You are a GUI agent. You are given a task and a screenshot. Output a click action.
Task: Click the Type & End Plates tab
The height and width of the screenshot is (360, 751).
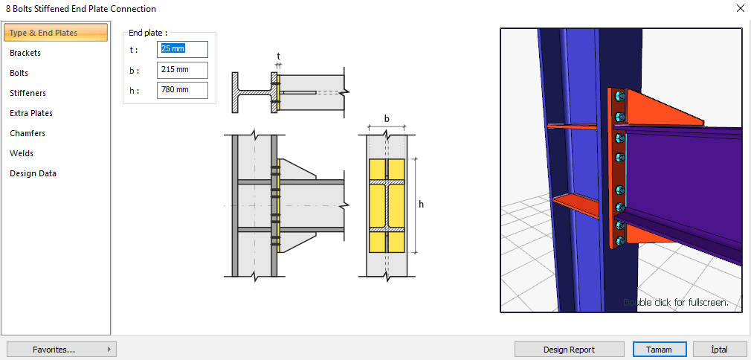pyautogui.click(x=43, y=33)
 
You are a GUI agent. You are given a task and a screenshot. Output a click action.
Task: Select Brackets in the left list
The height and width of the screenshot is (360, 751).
pyautogui.click(x=25, y=53)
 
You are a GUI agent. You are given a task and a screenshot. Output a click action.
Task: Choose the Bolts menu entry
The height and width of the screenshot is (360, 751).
pyautogui.click(x=19, y=73)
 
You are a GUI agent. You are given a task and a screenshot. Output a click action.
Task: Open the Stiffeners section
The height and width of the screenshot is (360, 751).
pyautogui.click(x=28, y=93)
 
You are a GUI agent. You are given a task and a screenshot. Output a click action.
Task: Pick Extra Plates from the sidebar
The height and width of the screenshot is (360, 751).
pyautogui.click(x=31, y=113)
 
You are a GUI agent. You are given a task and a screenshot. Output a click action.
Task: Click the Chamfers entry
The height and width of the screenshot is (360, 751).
pyautogui.click(x=28, y=133)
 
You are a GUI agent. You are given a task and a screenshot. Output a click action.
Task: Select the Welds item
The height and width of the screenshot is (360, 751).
pyautogui.click(x=22, y=153)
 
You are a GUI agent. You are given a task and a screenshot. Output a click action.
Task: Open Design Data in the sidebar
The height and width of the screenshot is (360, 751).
pyautogui.click(x=33, y=173)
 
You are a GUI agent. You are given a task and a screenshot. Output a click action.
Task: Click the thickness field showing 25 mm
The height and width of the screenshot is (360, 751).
pyautogui.click(x=182, y=49)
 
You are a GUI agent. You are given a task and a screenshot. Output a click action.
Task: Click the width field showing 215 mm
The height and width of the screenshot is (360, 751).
pyautogui.click(x=182, y=70)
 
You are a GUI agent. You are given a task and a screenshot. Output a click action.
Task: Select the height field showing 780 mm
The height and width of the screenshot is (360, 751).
pyautogui.click(x=182, y=90)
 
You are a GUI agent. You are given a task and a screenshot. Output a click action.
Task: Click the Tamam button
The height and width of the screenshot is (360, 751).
pyautogui.click(x=658, y=350)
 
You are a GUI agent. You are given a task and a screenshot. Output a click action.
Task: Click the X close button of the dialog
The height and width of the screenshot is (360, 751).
pyautogui.click(x=740, y=9)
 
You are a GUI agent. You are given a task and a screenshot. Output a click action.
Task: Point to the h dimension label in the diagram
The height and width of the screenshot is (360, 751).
pyautogui.click(x=422, y=205)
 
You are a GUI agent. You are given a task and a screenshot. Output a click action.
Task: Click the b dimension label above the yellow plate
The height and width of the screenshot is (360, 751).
pyautogui.click(x=387, y=118)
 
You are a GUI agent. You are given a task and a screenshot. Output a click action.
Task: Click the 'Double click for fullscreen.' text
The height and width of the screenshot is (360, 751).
pyautogui.click(x=675, y=303)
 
